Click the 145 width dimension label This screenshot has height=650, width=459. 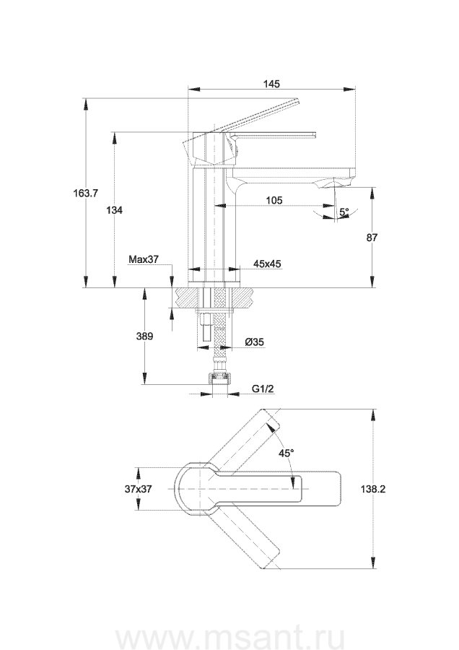pos(271,84)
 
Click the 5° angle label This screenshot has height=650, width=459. pos(344,212)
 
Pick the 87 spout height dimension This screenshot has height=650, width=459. pos(372,237)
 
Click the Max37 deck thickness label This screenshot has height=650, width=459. pos(144,259)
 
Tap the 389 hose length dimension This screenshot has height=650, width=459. pos(144,336)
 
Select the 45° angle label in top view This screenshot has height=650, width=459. pos(287,453)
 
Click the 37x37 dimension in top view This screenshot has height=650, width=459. pos(138,489)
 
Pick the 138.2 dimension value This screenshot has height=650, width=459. pos(373,489)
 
